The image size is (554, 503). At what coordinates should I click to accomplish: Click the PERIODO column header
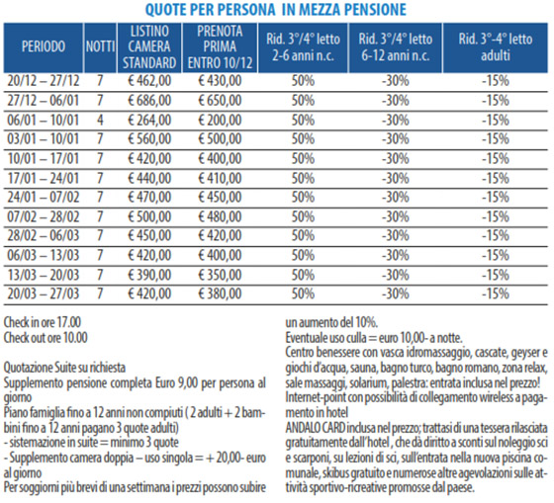tap(44, 46)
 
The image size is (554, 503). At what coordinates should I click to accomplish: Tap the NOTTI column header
tap(100, 46)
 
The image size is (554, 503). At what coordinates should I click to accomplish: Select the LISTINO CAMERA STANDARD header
tap(149, 47)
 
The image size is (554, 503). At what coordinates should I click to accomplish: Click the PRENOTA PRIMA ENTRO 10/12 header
tap(220, 47)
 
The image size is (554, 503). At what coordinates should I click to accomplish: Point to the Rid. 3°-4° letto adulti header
tap(496, 47)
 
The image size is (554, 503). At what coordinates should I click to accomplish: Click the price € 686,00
tap(149, 101)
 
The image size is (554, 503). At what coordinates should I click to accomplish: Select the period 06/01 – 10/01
tap(44, 120)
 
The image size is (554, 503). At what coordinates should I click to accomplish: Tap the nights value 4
tap(100, 120)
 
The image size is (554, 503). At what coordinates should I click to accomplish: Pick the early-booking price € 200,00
tap(220, 120)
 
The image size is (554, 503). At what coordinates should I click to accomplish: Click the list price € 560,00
tap(149, 138)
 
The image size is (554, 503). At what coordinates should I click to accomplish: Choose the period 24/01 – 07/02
tap(44, 197)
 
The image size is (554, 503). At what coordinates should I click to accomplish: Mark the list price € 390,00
tap(149, 275)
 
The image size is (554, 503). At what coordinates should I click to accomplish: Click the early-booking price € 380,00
tap(220, 293)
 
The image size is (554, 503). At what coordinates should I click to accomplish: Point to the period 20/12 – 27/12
tap(44, 81)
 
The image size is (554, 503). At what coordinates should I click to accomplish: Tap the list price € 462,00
tap(149, 81)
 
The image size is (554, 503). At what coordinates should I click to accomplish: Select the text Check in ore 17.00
tap(42, 322)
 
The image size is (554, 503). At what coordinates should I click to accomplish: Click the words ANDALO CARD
tap(316, 428)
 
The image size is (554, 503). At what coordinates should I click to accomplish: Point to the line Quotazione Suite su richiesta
tap(64, 368)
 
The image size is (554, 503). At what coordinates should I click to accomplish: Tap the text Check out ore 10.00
tap(46, 338)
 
